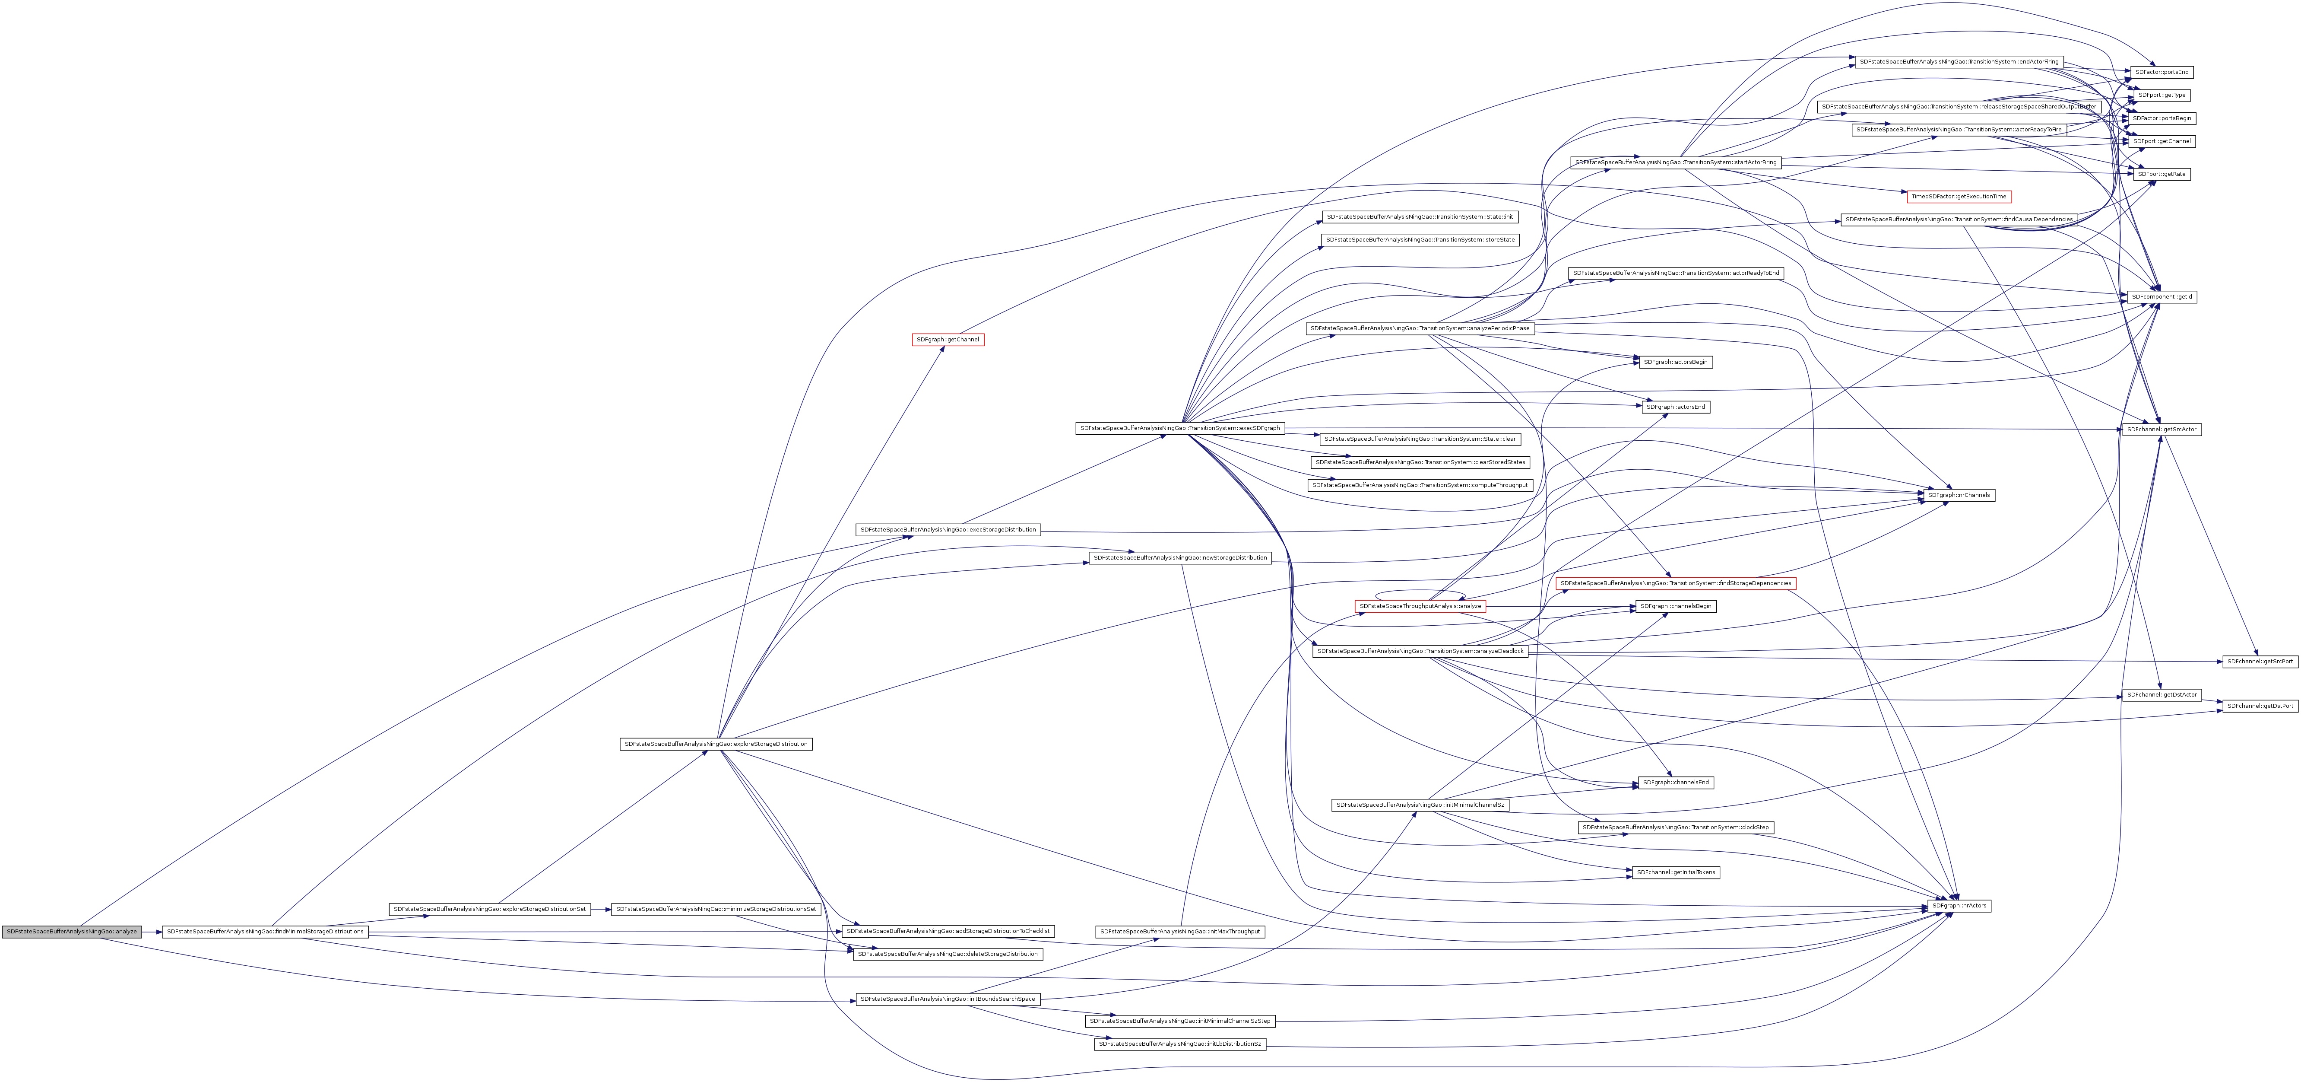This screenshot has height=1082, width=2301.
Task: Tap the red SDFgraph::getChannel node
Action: pyautogui.click(x=948, y=340)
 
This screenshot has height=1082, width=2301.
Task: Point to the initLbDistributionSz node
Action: pyautogui.click(x=1179, y=1044)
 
